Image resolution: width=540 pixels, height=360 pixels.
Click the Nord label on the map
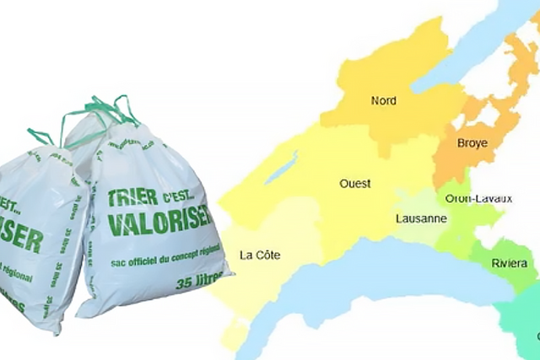[384, 101]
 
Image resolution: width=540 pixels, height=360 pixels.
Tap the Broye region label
[472, 143]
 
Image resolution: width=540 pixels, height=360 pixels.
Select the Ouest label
[354, 183]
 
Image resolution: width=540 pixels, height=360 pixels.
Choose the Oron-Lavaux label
[478, 198]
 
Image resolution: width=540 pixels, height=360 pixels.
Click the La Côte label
[260, 255]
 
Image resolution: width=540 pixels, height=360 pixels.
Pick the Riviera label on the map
[510, 264]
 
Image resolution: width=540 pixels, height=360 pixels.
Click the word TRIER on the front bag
[132, 197]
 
